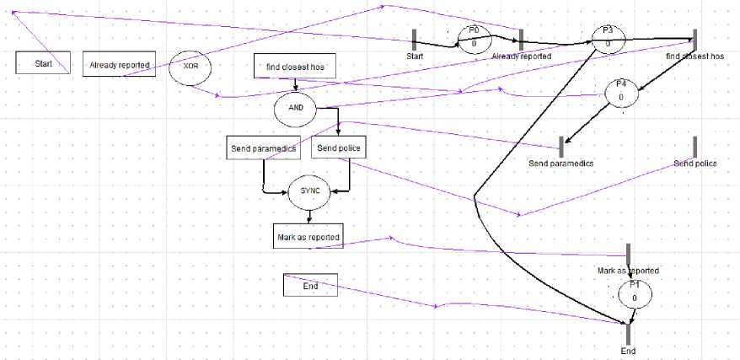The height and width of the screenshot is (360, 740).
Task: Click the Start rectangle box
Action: point(42,63)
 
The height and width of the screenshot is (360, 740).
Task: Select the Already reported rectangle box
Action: point(120,64)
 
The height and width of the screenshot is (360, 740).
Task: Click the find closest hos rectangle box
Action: point(295,66)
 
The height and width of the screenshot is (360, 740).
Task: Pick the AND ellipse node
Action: point(295,108)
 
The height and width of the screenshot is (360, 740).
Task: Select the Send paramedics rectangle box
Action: point(263,148)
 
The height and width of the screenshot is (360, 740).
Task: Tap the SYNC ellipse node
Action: point(310,191)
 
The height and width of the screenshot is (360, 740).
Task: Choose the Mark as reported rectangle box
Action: point(308,237)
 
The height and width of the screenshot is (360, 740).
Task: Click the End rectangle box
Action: point(310,286)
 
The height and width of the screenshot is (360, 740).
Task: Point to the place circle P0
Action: point(475,37)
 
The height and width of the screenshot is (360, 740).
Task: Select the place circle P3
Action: point(608,38)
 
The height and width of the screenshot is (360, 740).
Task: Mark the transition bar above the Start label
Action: point(414,40)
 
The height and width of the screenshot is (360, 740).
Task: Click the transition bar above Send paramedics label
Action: point(560,146)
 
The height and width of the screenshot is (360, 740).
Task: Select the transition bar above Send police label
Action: point(695,146)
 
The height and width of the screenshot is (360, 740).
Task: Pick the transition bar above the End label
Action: point(629,332)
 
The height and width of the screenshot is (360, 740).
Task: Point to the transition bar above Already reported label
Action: point(522,40)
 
